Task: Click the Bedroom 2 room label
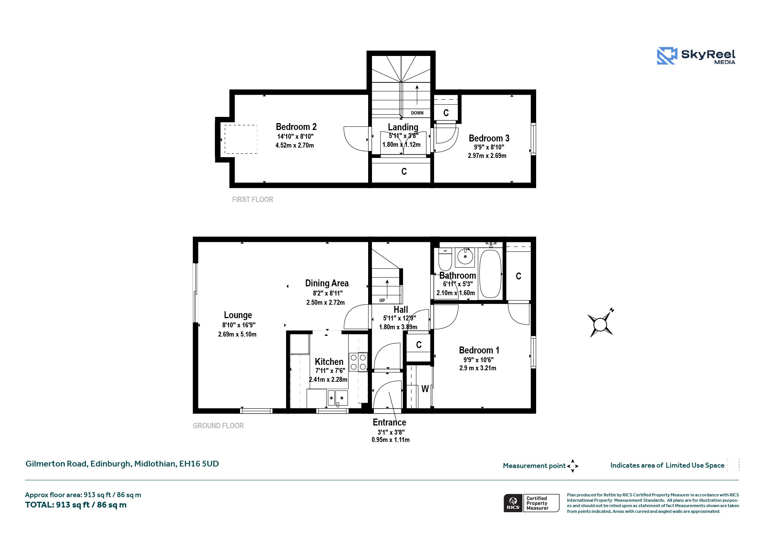click(x=296, y=127)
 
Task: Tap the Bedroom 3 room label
click(x=489, y=138)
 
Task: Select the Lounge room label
click(x=238, y=315)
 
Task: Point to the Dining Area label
click(x=327, y=283)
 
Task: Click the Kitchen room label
click(x=329, y=362)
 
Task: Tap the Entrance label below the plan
click(x=389, y=422)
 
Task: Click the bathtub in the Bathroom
click(x=490, y=274)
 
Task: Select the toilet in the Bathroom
click(x=445, y=259)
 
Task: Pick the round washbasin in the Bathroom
click(x=465, y=256)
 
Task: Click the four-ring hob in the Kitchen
click(x=358, y=362)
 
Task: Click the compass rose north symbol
click(x=601, y=324)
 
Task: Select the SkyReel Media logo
click(x=696, y=56)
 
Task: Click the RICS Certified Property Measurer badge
click(x=532, y=503)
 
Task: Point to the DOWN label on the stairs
click(x=417, y=113)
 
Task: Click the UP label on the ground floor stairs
click(x=382, y=301)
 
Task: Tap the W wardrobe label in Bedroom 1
click(x=425, y=389)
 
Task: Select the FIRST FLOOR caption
click(x=252, y=199)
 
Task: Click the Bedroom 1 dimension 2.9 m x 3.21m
click(x=478, y=368)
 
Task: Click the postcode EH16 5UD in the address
click(x=199, y=464)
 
